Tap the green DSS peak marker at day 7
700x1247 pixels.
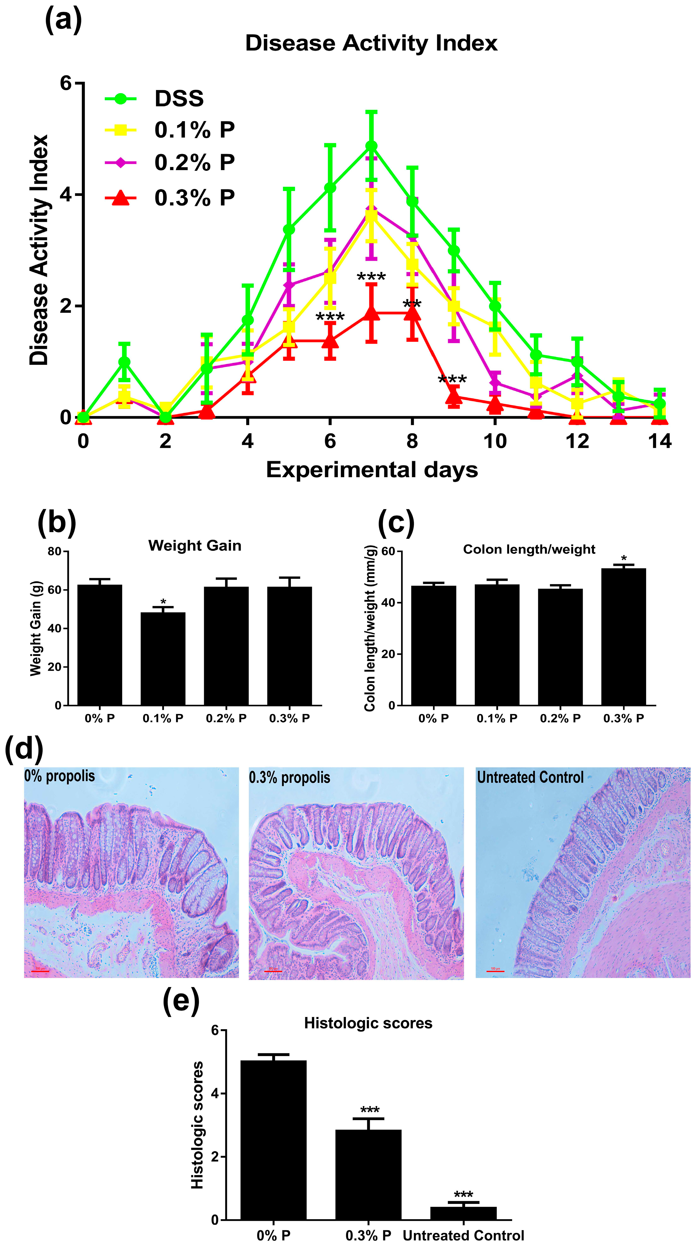(x=371, y=146)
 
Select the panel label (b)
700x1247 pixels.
(x=57, y=523)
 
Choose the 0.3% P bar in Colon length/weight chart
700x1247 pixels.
(x=624, y=637)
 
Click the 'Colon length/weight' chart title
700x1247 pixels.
(x=529, y=549)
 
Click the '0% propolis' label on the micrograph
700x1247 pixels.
(x=60, y=776)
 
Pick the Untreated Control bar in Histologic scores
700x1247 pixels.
(x=463, y=1213)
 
